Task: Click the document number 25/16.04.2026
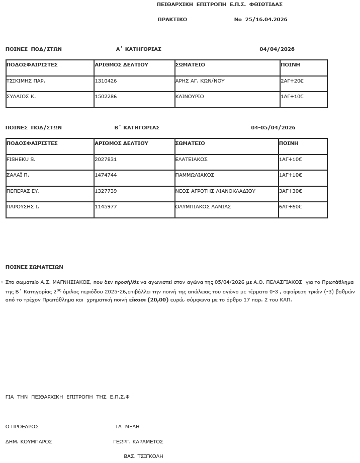266,20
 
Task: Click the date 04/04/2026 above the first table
277,49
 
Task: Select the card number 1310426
106,81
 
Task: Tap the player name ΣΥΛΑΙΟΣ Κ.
21,96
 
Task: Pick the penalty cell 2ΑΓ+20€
292,81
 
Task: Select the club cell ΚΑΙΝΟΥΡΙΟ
190,96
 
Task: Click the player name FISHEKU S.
21,159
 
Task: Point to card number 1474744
106,175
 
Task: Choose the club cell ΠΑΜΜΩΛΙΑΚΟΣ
195,175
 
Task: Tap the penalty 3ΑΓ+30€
291,191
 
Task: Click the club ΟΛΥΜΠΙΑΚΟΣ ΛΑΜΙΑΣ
203,206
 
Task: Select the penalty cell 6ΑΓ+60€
291,206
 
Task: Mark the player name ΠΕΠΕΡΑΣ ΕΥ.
23,191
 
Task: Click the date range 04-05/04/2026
273,128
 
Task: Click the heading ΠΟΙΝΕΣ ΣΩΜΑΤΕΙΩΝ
34,267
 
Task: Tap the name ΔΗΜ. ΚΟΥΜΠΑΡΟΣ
29,441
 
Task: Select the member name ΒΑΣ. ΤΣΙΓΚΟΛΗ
143,456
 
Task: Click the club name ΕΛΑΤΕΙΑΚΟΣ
191,159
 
